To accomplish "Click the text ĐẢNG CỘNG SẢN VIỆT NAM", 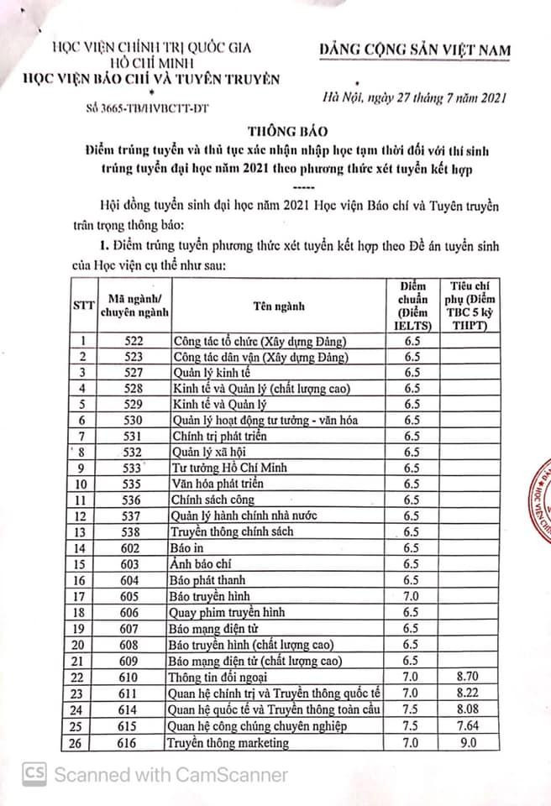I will click(x=415, y=51).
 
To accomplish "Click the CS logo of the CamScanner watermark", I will click(x=34, y=773).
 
